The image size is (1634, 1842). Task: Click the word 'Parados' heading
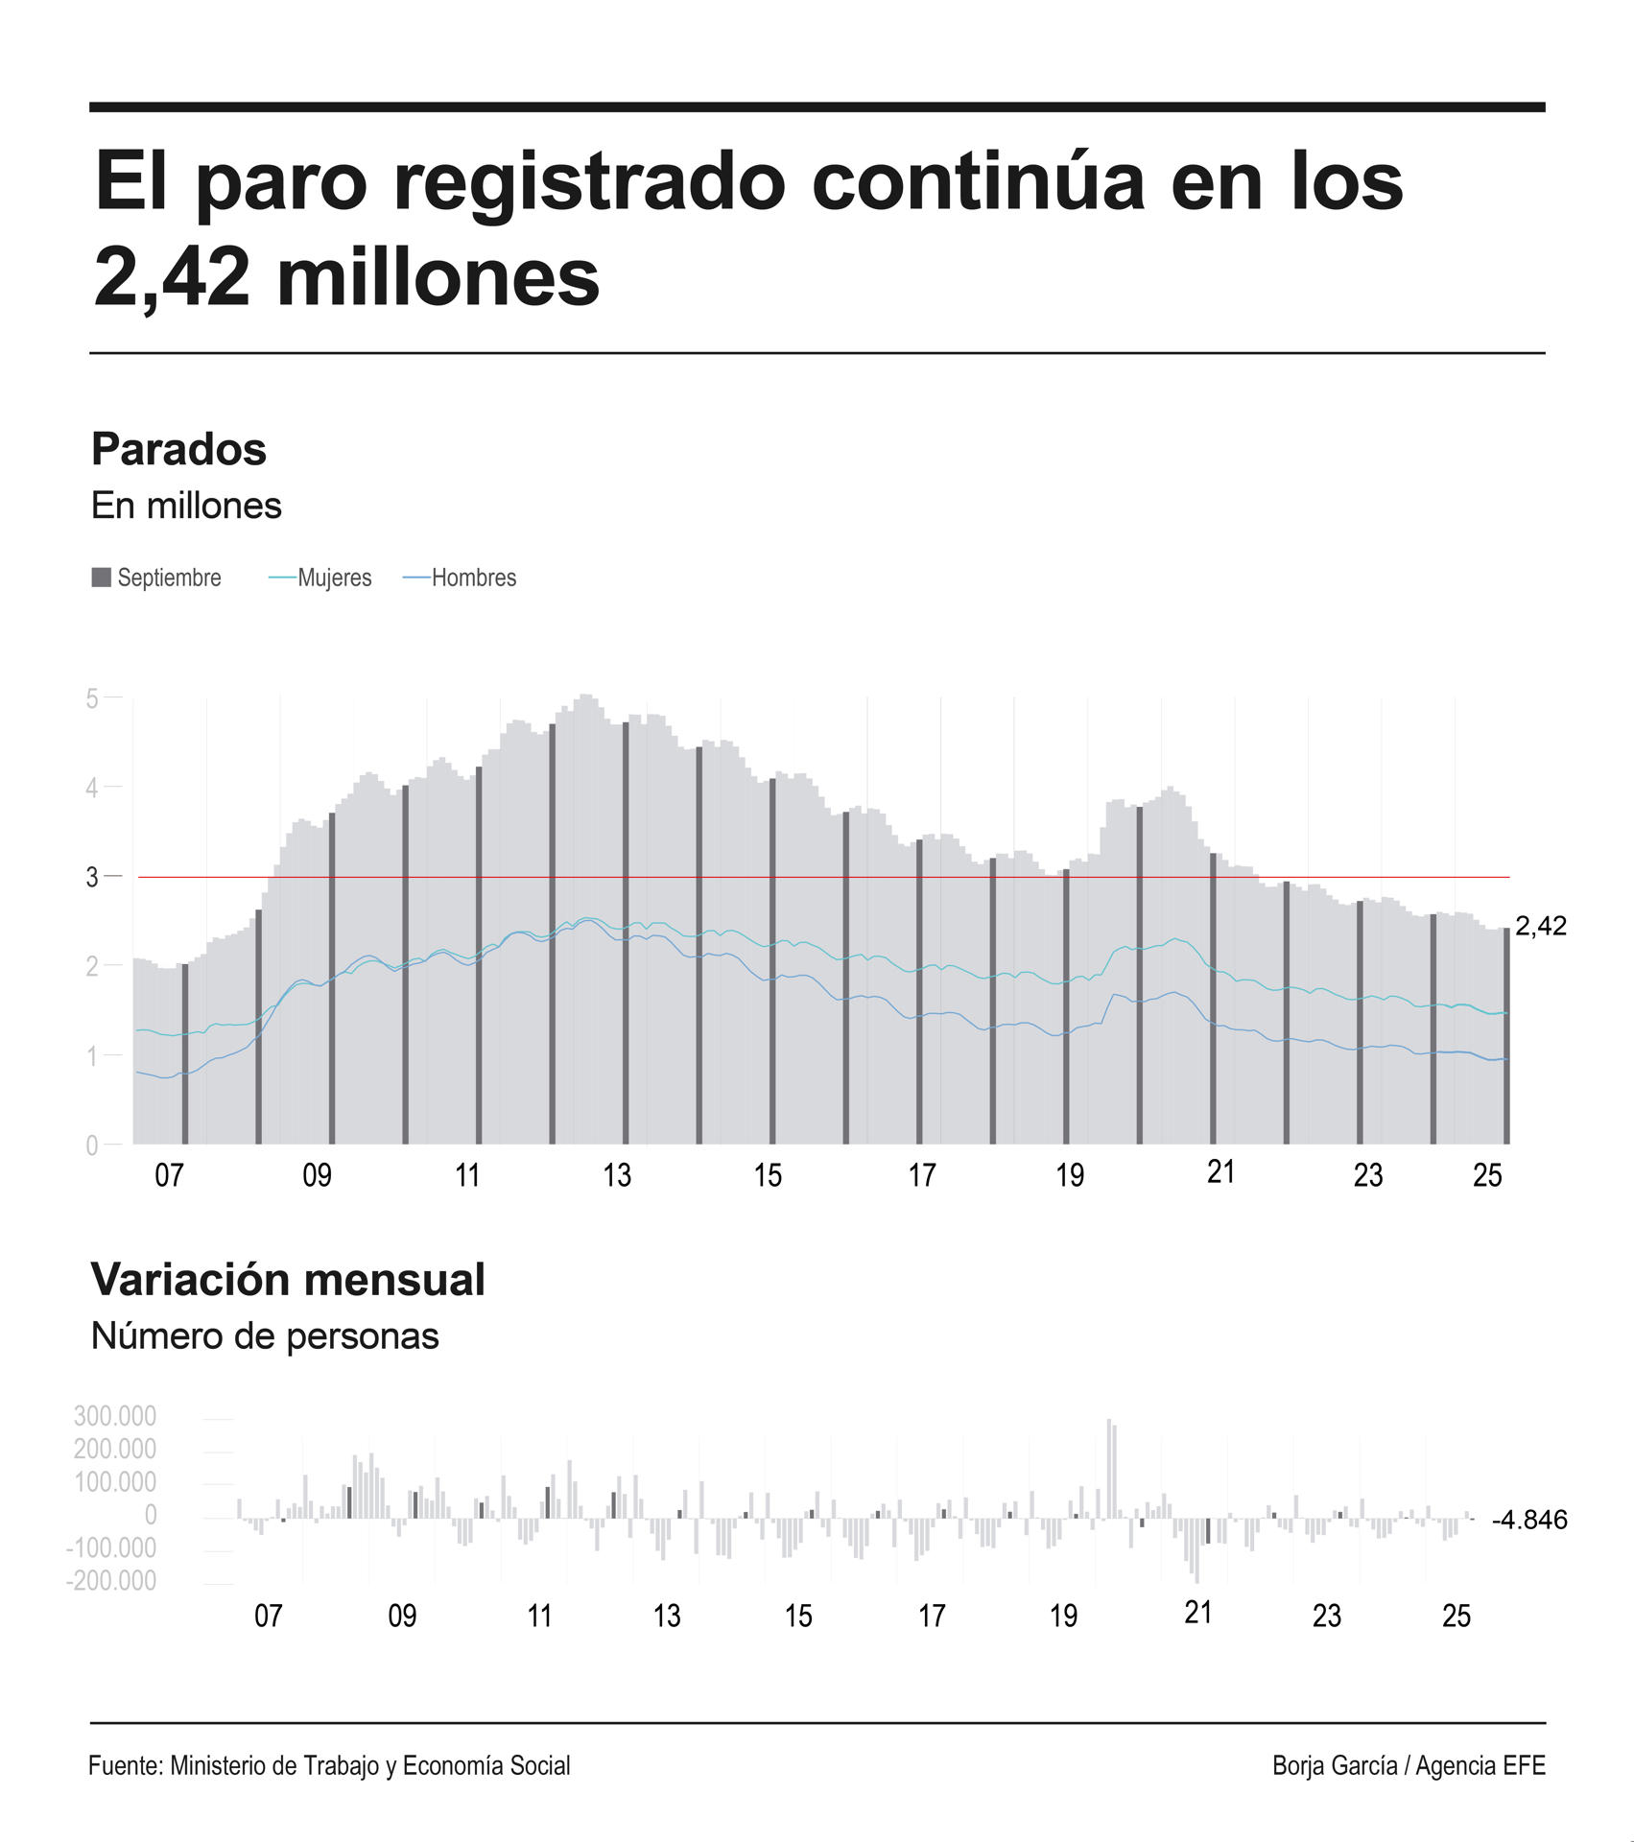tap(178, 449)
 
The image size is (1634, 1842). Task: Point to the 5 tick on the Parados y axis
tap(92, 698)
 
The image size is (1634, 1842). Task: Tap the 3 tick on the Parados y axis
tap(92, 877)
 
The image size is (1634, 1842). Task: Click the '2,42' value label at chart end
tap(1540, 926)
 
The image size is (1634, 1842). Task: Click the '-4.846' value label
tap(1529, 1520)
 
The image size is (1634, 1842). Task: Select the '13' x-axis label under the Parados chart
tap(617, 1175)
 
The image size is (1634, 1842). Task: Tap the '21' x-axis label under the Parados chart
tap(1220, 1171)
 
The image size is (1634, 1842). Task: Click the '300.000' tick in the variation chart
tap(114, 1416)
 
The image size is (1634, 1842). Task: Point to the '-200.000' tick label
tap(110, 1580)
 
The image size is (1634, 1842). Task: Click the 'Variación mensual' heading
tap(288, 1280)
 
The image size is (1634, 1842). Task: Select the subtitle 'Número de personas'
tap(265, 1336)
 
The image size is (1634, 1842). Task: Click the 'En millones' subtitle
tap(186, 506)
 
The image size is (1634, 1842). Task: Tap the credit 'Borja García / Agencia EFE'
tap(1409, 1765)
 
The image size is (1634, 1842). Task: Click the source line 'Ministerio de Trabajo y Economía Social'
tap(369, 1765)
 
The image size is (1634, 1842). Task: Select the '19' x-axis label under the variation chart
tap(1063, 1617)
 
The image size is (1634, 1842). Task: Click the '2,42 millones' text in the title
tap(346, 277)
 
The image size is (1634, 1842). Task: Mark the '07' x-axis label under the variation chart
tap(268, 1617)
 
